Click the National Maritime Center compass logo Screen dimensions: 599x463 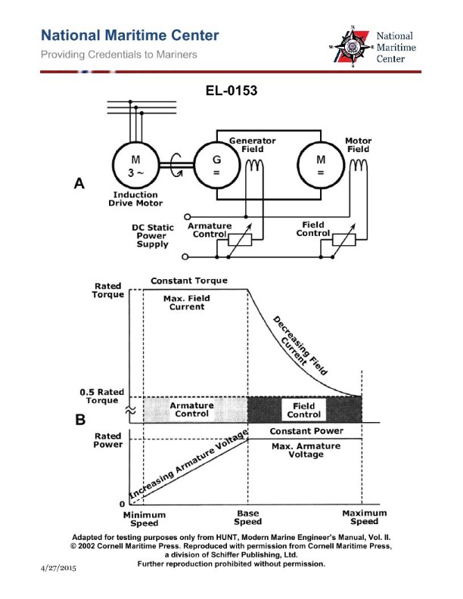(351, 46)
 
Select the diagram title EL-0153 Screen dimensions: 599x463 (231, 92)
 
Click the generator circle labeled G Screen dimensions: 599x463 (216, 164)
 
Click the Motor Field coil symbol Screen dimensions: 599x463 (359, 166)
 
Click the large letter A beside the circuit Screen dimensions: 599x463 (79, 184)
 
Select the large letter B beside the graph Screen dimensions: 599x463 (79, 421)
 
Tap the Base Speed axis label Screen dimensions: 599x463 (248, 517)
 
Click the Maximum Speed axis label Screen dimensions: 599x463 (364, 517)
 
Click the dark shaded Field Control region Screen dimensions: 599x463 (305, 409)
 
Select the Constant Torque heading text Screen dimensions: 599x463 (189, 281)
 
